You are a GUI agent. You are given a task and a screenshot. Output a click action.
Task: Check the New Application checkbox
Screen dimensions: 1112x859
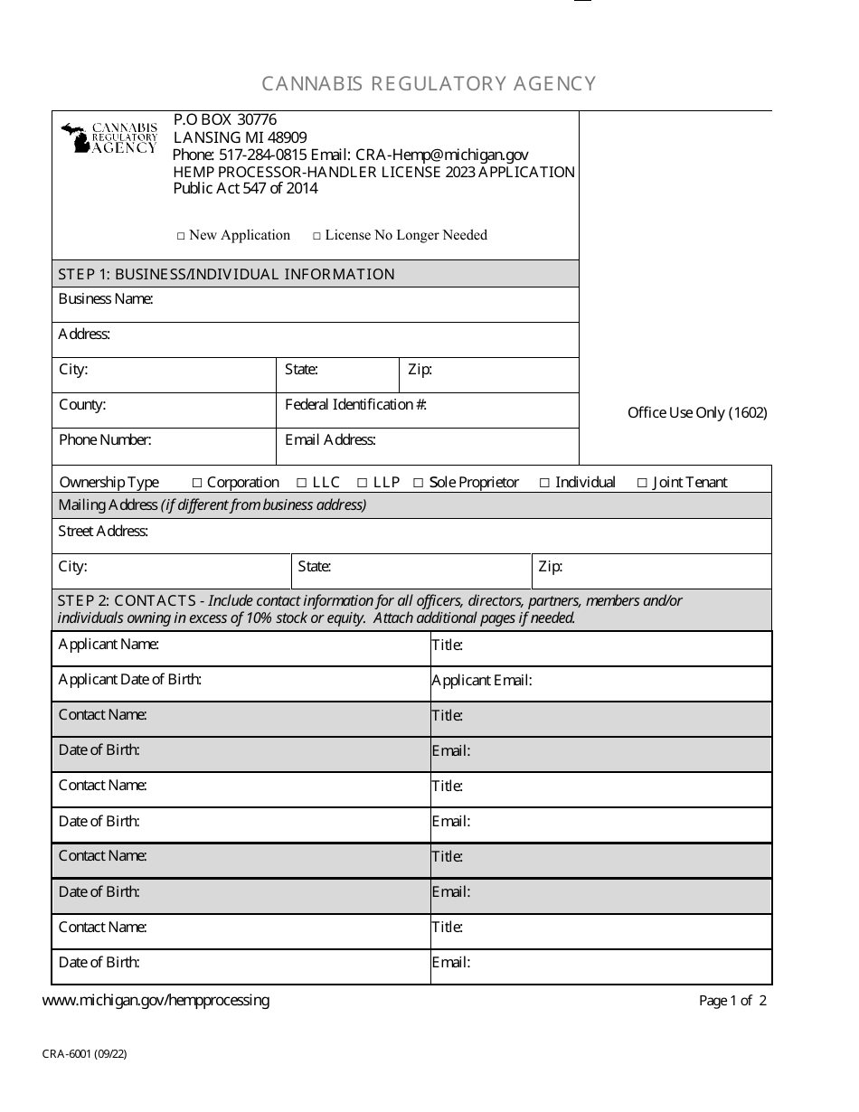[x=181, y=236]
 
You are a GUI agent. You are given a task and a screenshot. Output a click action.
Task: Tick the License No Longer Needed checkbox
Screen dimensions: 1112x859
[x=316, y=236]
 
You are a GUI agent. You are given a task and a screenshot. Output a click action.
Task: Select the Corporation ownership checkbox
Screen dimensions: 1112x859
[x=198, y=483]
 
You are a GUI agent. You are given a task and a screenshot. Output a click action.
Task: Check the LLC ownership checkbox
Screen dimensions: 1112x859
[x=302, y=483]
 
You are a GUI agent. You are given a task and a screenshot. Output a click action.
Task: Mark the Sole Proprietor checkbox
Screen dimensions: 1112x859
[x=418, y=483]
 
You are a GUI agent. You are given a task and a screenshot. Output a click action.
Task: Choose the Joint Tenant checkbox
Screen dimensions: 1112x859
[x=642, y=483]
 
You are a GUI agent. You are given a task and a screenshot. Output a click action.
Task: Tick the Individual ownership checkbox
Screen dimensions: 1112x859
[x=544, y=483]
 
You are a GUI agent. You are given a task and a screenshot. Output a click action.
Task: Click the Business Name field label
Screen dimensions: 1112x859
[x=105, y=299]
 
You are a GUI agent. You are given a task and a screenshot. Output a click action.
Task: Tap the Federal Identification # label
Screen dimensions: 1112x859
[x=355, y=405]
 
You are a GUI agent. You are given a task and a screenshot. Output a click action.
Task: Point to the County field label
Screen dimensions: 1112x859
[x=82, y=405]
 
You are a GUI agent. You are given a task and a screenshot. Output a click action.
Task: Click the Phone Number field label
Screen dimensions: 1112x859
[x=105, y=440]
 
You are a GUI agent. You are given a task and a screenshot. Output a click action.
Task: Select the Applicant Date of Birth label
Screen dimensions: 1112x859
[x=129, y=680]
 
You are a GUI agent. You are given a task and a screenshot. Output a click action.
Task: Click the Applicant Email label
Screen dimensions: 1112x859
[x=481, y=681]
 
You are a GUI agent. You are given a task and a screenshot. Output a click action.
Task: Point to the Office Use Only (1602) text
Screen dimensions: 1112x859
[x=697, y=413]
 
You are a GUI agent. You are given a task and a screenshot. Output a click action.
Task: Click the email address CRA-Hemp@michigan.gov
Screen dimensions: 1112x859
[x=442, y=155]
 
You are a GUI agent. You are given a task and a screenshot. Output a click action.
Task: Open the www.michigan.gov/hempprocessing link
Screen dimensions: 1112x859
[x=156, y=1000]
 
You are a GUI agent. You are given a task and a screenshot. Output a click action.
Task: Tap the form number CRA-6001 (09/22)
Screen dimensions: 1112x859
[x=84, y=1053]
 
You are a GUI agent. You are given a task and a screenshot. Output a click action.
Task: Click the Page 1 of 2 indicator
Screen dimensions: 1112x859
[x=732, y=1001]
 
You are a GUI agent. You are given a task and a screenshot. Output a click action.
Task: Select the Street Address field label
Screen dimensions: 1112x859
[x=103, y=532]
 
